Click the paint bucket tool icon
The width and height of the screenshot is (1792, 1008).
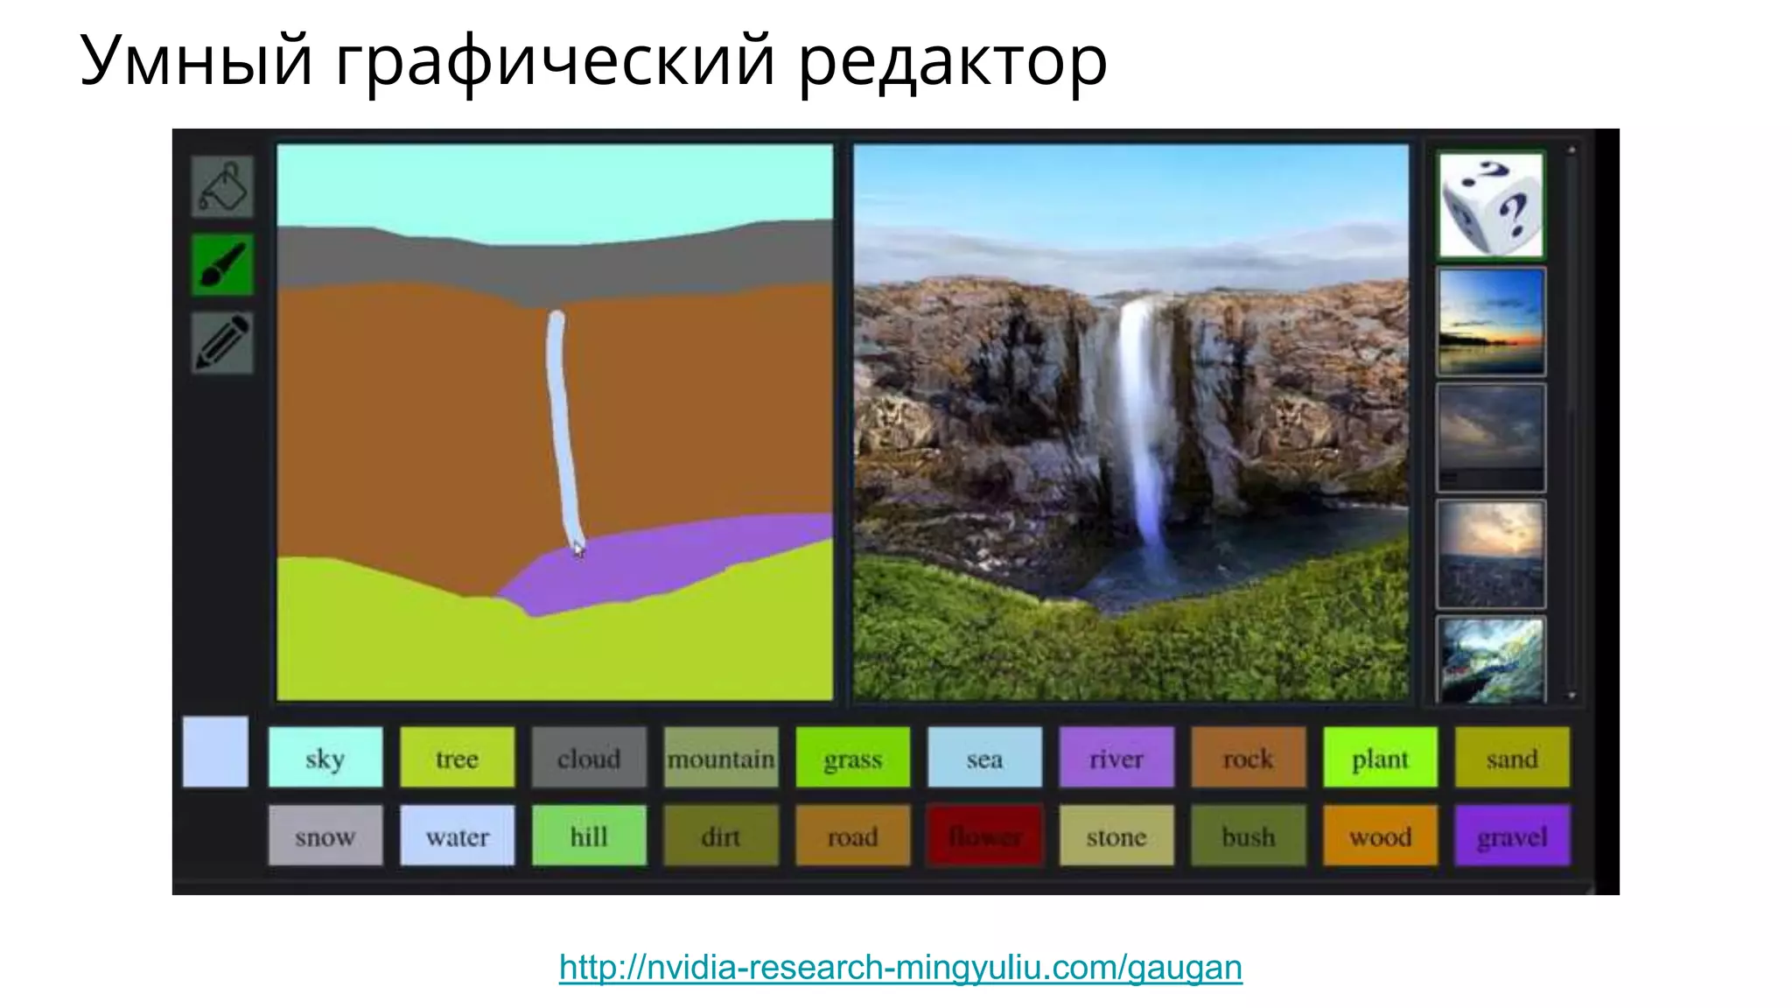pyautogui.click(x=222, y=186)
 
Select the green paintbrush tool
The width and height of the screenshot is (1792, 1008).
pyautogui.click(x=222, y=264)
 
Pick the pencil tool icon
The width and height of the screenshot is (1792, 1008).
pyautogui.click(x=222, y=342)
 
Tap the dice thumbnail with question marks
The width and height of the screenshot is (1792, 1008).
pyautogui.click(x=1491, y=206)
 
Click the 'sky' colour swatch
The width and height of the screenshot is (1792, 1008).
pyautogui.click(x=325, y=758)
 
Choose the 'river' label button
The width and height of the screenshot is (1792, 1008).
pyautogui.click(x=1116, y=758)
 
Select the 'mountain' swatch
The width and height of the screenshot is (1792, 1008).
pyautogui.click(x=720, y=758)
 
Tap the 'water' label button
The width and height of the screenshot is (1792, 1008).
pyautogui.click(x=457, y=836)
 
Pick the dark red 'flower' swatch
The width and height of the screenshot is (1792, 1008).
pyautogui.click(x=984, y=836)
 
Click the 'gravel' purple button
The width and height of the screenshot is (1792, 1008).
pyautogui.click(x=1511, y=836)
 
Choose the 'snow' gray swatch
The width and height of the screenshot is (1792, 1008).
pyautogui.click(x=325, y=836)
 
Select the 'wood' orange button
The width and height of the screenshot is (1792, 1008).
pyautogui.click(x=1380, y=836)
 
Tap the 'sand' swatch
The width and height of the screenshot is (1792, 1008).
pyautogui.click(x=1511, y=758)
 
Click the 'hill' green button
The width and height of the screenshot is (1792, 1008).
pyautogui.click(x=589, y=836)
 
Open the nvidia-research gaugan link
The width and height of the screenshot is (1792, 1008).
pyautogui.click(x=900, y=968)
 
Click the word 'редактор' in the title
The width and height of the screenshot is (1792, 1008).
pyautogui.click(x=952, y=61)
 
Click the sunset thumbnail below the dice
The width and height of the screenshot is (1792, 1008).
pyautogui.click(x=1491, y=322)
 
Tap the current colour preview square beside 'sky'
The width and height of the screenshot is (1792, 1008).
pyautogui.click(x=215, y=752)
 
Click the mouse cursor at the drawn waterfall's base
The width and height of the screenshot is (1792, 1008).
pyautogui.click(x=578, y=549)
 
